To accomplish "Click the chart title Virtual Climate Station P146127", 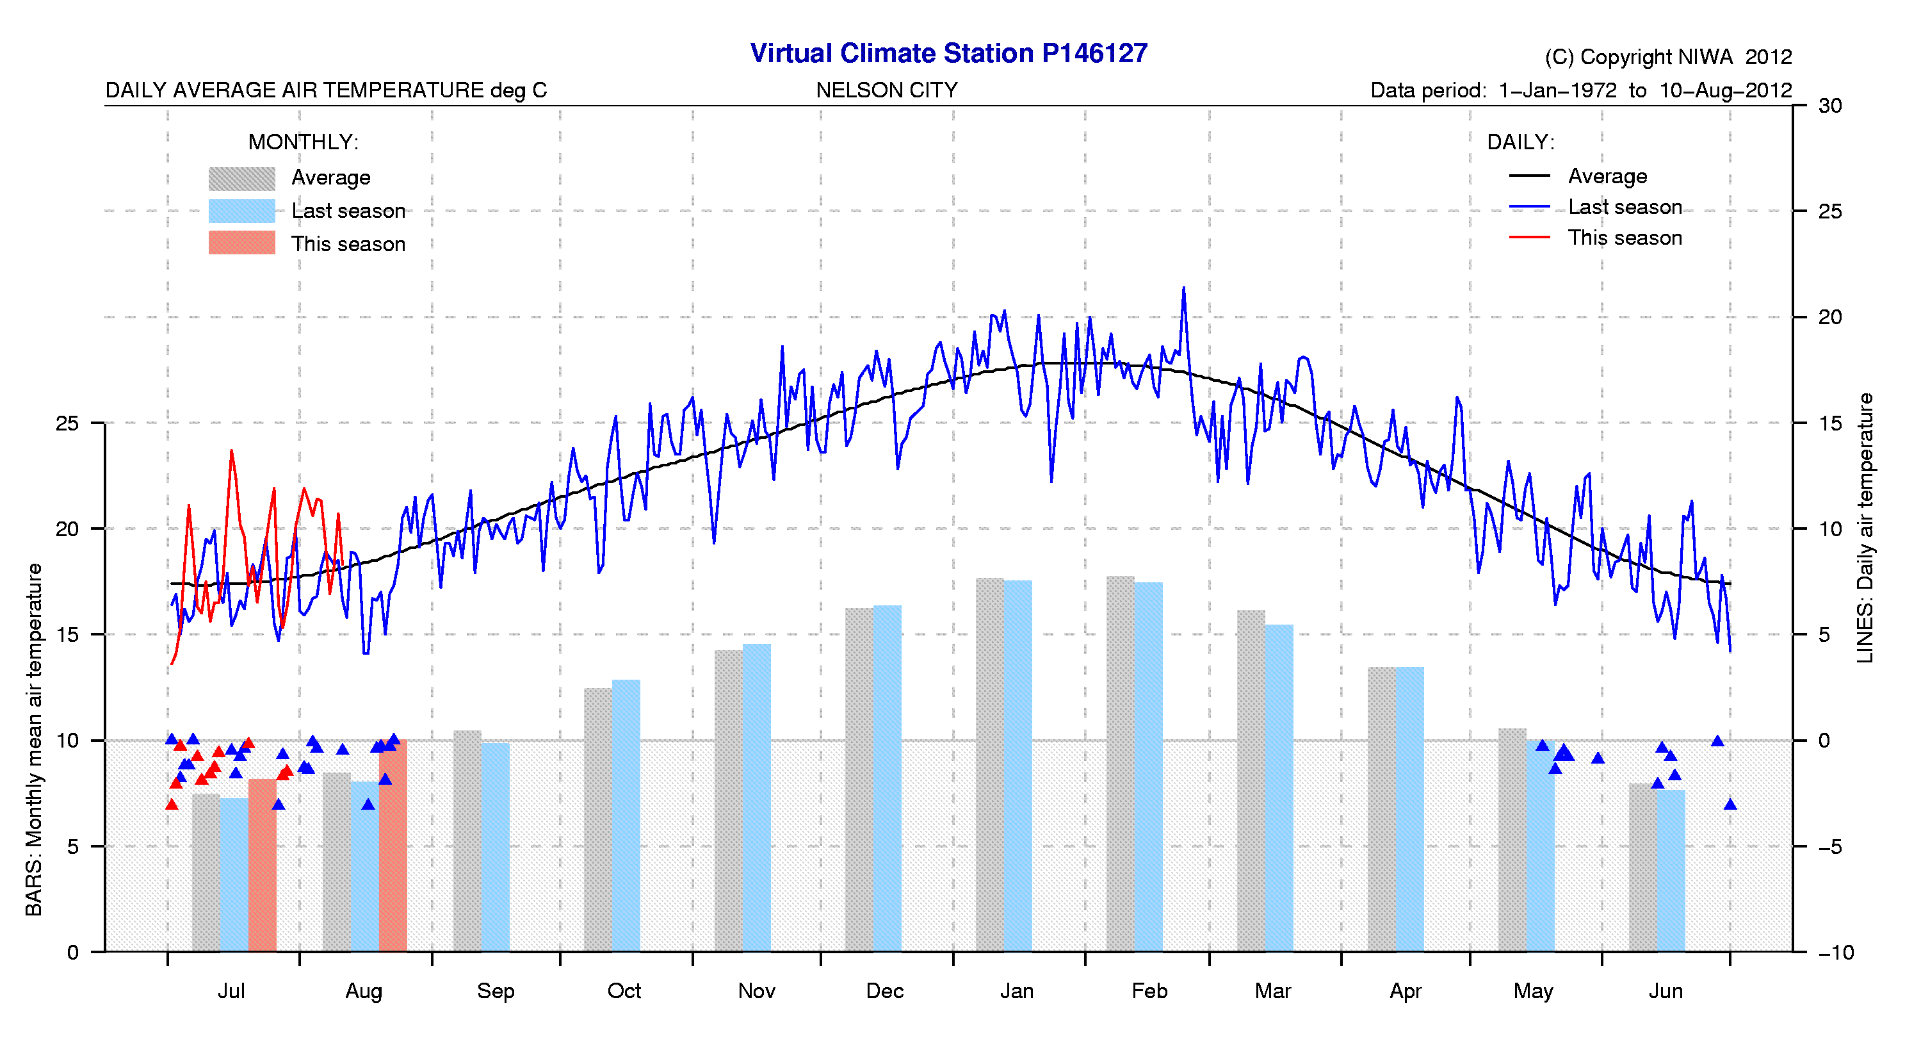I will coord(948,54).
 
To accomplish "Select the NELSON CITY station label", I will coord(886,90).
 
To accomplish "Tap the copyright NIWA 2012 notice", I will coord(1667,58).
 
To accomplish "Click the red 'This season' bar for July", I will coord(262,865).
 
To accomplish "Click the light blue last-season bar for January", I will coord(1018,766).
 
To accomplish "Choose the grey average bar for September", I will coord(467,840).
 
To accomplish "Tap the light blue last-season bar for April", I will coord(1409,808).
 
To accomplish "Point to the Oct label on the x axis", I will coord(624,992).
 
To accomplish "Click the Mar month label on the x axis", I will coord(1272,992).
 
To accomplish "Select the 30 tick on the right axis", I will coord(1829,106).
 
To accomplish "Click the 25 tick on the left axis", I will coord(67,423).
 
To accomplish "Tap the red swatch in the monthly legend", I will coord(241,243).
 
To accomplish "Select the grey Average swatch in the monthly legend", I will coord(241,178).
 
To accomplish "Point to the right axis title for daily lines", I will coord(1865,527).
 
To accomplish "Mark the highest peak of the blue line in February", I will coord(1183,288).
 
